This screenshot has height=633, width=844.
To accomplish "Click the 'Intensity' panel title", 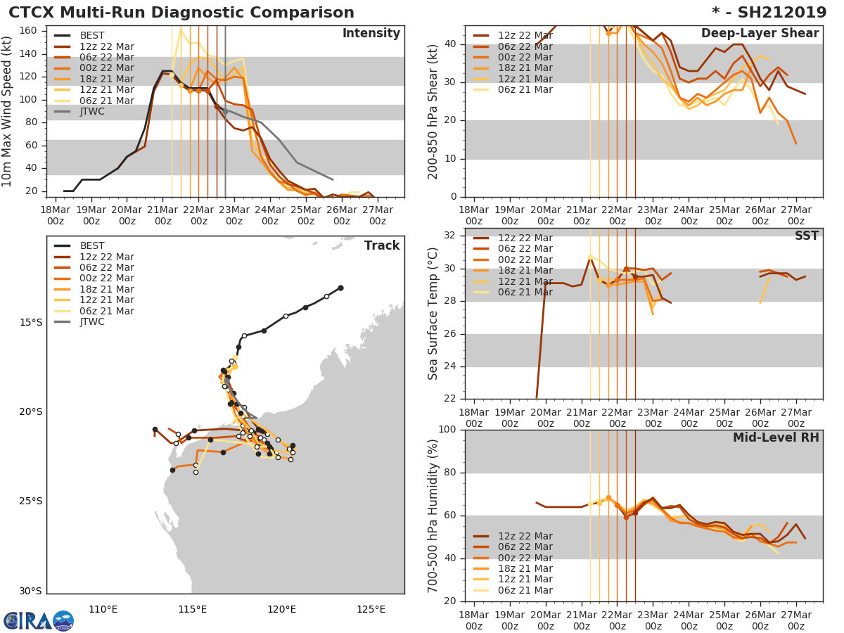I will [x=371, y=34].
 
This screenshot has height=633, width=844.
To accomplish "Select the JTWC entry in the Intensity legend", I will [x=92, y=112].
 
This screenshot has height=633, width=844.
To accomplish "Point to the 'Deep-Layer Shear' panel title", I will [x=760, y=34].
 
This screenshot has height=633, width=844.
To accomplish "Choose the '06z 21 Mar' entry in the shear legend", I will [x=525, y=90].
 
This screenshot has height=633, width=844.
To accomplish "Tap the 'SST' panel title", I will [x=806, y=236].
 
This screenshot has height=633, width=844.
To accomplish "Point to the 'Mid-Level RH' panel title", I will [x=776, y=438].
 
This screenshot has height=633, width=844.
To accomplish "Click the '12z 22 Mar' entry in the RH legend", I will [x=525, y=536].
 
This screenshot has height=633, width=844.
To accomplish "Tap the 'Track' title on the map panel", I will [x=382, y=245].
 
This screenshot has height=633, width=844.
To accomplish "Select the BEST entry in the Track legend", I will [x=92, y=246].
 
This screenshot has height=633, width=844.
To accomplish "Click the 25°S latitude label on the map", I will [x=30, y=501].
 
